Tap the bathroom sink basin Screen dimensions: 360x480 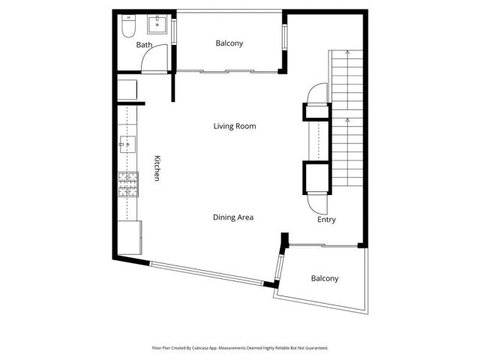(157, 25)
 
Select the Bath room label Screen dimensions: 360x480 (144, 45)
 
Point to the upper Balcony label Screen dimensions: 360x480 (229, 43)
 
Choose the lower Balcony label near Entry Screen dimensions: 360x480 (325, 278)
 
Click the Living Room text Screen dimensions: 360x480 (235, 126)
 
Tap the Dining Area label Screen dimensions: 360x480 (232, 217)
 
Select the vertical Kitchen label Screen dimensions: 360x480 (157, 168)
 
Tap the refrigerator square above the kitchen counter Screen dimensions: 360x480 (127, 90)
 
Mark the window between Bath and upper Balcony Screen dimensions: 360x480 (174, 31)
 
